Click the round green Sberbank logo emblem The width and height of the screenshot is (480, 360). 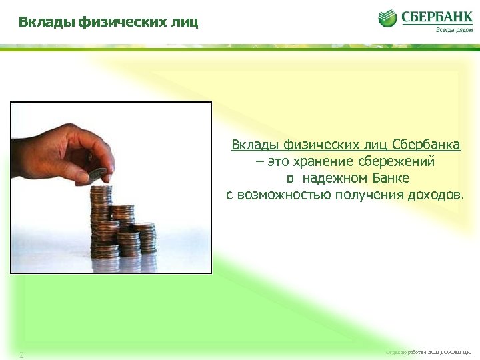pyautogui.click(x=388, y=18)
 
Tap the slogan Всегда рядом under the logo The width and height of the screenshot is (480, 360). pyautogui.click(x=454, y=30)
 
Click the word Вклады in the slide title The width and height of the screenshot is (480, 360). pyautogui.click(x=47, y=23)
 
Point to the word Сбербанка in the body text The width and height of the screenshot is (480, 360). pyautogui.click(x=431, y=145)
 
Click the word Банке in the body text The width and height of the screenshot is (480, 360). pyautogui.click(x=387, y=178)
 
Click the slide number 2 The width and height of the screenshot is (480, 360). pyautogui.click(x=21, y=355)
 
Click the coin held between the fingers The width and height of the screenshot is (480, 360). pyautogui.click(x=97, y=173)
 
